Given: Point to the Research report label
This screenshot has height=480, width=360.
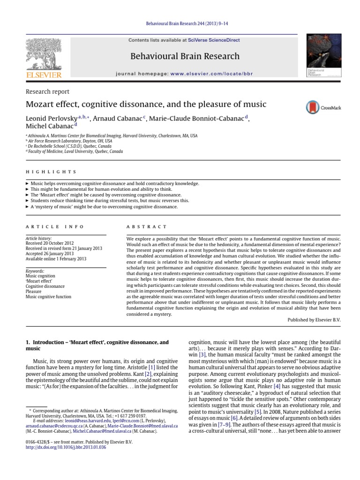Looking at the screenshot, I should (x=47, y=92).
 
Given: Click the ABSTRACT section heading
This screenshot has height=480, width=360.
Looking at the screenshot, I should (x=147, y=226).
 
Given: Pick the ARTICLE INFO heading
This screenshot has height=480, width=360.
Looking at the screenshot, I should (x=55, y=226).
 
